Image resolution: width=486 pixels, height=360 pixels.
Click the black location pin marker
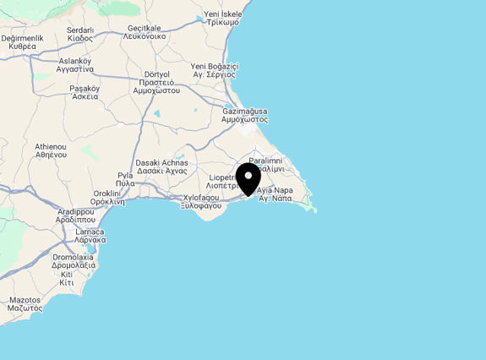click(x=248, y=178)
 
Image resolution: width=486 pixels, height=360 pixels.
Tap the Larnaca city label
click(x=90, y=235)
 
